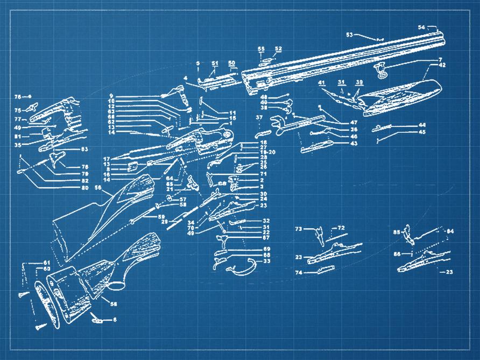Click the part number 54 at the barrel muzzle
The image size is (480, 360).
pos(421,26)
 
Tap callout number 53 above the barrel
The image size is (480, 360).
pos(349,34)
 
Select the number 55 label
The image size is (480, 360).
pos(261,49)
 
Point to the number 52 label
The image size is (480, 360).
pos(278,49)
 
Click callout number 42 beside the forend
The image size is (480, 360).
pos(442,65)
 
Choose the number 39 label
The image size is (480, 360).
pos(359,82)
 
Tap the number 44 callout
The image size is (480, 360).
pos(422,125)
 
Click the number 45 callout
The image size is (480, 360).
pos(422,132)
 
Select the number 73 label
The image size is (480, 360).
pos(299,229)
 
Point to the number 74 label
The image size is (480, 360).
pos(299,273)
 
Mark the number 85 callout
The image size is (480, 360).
pos(397,232)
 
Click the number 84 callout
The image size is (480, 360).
pos(450,231)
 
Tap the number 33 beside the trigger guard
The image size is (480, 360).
pos(266,261)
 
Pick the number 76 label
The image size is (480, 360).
pos(17,97)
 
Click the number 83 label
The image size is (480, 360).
pos(84,149)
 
